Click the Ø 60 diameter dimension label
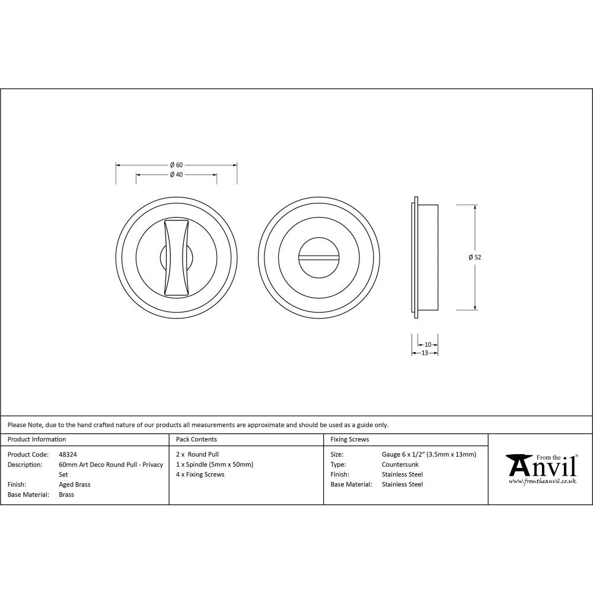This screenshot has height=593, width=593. point(176,164)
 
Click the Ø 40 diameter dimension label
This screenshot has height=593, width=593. point(176,175)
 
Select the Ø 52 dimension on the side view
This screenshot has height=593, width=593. point(474,257)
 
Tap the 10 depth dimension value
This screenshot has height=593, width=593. point(428,345)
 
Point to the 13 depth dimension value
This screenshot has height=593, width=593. point(425,353)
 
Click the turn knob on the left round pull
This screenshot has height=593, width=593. point(177,257)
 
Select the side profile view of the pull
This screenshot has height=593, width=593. point(424,257)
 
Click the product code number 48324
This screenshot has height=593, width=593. point(68,454)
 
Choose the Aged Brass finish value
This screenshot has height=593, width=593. point(75,484)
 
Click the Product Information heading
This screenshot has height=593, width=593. point(37,439)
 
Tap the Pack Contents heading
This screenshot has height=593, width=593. point(196,439)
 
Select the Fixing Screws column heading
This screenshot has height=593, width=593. point(349,439)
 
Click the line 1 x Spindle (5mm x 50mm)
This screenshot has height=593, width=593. point(215,464)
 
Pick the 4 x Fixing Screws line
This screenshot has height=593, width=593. point(200,474)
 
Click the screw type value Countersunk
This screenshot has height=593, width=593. point(400,464)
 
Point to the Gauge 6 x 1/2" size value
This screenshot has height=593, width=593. point(429,454)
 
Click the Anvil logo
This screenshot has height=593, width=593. point(541,466)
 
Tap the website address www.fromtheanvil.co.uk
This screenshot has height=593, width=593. point(543,482)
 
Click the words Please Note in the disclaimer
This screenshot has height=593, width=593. point(24,425)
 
